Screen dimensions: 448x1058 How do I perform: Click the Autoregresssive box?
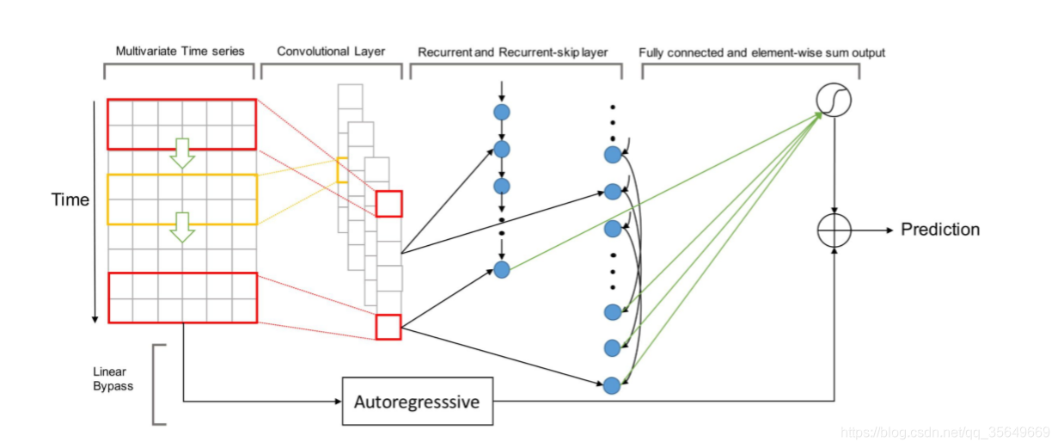coord(418,401)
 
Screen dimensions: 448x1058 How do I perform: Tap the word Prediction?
coord(940,230)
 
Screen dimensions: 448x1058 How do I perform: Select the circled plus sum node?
coord(834,230)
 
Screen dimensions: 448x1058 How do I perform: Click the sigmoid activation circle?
coord(833,101)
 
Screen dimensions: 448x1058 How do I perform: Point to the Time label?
coord(70,200)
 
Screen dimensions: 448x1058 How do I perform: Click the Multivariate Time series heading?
coord(180,52)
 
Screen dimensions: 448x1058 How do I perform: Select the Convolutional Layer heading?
coord(331,52)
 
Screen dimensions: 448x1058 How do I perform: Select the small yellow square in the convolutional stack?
coord(342,170)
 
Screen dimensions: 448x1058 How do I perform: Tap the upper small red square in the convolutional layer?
coord(388,204)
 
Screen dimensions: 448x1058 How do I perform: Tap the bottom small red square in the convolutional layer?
coord(388,327)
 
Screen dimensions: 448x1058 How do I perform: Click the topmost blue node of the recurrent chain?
coord(502,112)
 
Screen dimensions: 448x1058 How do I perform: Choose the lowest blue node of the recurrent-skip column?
coord(612,385)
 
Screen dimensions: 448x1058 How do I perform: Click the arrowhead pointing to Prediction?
coord(888,230)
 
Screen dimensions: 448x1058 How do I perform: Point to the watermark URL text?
coord(945,433)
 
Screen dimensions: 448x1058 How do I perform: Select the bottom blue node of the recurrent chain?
coord(502,270)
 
